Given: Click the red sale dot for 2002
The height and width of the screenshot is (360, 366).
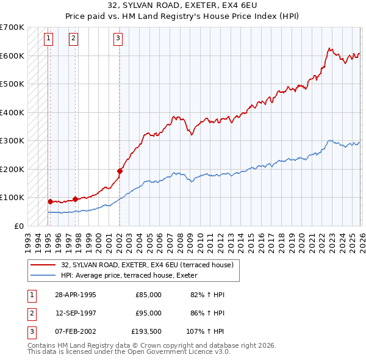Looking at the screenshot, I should pos(120,171).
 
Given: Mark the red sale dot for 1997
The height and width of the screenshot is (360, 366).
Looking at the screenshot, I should pos(75,199).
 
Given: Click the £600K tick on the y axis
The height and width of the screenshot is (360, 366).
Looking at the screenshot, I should pos(12,56).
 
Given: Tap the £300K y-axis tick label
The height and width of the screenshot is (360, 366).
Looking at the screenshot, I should pos(12,141).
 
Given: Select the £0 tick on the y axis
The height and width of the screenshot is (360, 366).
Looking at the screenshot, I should pos(20,226).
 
